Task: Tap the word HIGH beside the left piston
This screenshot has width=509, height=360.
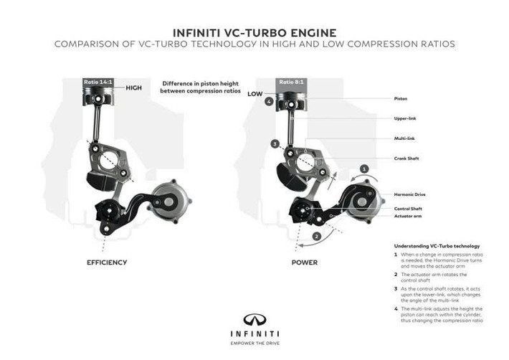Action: (x=134, y=87)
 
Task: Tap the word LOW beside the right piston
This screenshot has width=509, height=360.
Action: (x=255, y=93)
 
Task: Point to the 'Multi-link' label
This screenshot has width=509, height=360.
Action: (x=405, y=138)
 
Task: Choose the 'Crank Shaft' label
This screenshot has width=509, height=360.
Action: (x=407, y=158)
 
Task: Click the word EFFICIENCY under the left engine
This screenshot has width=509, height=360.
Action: (x=107, y=262)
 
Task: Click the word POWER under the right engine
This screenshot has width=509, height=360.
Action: (x=304, y=262)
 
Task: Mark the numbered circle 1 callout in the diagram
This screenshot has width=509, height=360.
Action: (x=364, y=169)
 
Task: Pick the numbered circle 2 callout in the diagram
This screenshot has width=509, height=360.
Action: (x=316, y=235)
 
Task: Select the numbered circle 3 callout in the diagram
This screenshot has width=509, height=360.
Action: (x=275, y=144)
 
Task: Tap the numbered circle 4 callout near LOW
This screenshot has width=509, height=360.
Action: (x=269, y=102)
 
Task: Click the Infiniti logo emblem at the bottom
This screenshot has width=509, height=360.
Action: (x=254, y=318)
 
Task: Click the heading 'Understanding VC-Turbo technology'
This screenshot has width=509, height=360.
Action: (x=437, y=246)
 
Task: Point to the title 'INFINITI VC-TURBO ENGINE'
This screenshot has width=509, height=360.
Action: (x=254, y=32)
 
